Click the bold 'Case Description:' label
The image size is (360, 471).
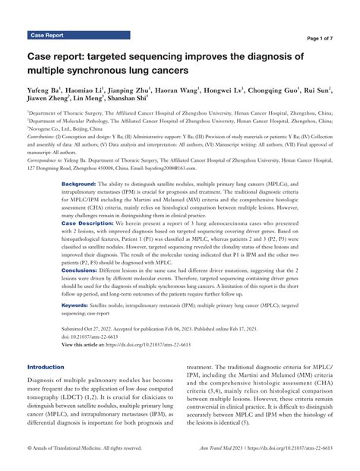click(x=88, y=224)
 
